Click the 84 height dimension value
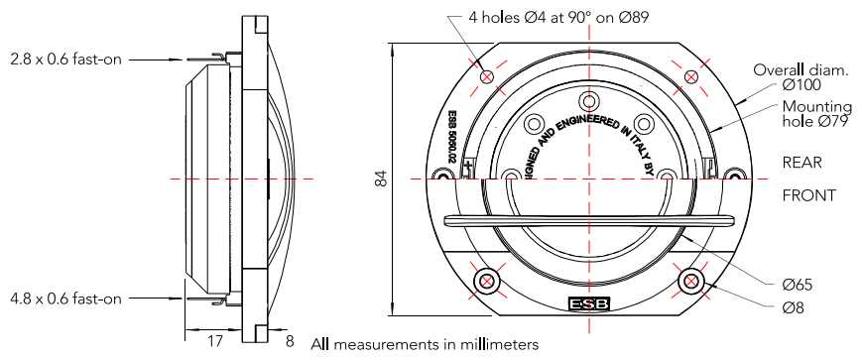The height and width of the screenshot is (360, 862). [x=382, y=179]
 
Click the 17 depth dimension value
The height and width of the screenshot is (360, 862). [x=215, y=341]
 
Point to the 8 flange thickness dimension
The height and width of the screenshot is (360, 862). [x=290, y=341]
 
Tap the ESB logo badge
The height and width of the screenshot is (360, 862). [x=589, y=303]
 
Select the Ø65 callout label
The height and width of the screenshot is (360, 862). [x=798, y=286]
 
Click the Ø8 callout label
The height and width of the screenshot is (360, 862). [x=793, y=308]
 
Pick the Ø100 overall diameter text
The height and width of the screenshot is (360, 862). [x=801, y=84]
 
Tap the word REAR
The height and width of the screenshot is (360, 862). [x=802, y=163]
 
